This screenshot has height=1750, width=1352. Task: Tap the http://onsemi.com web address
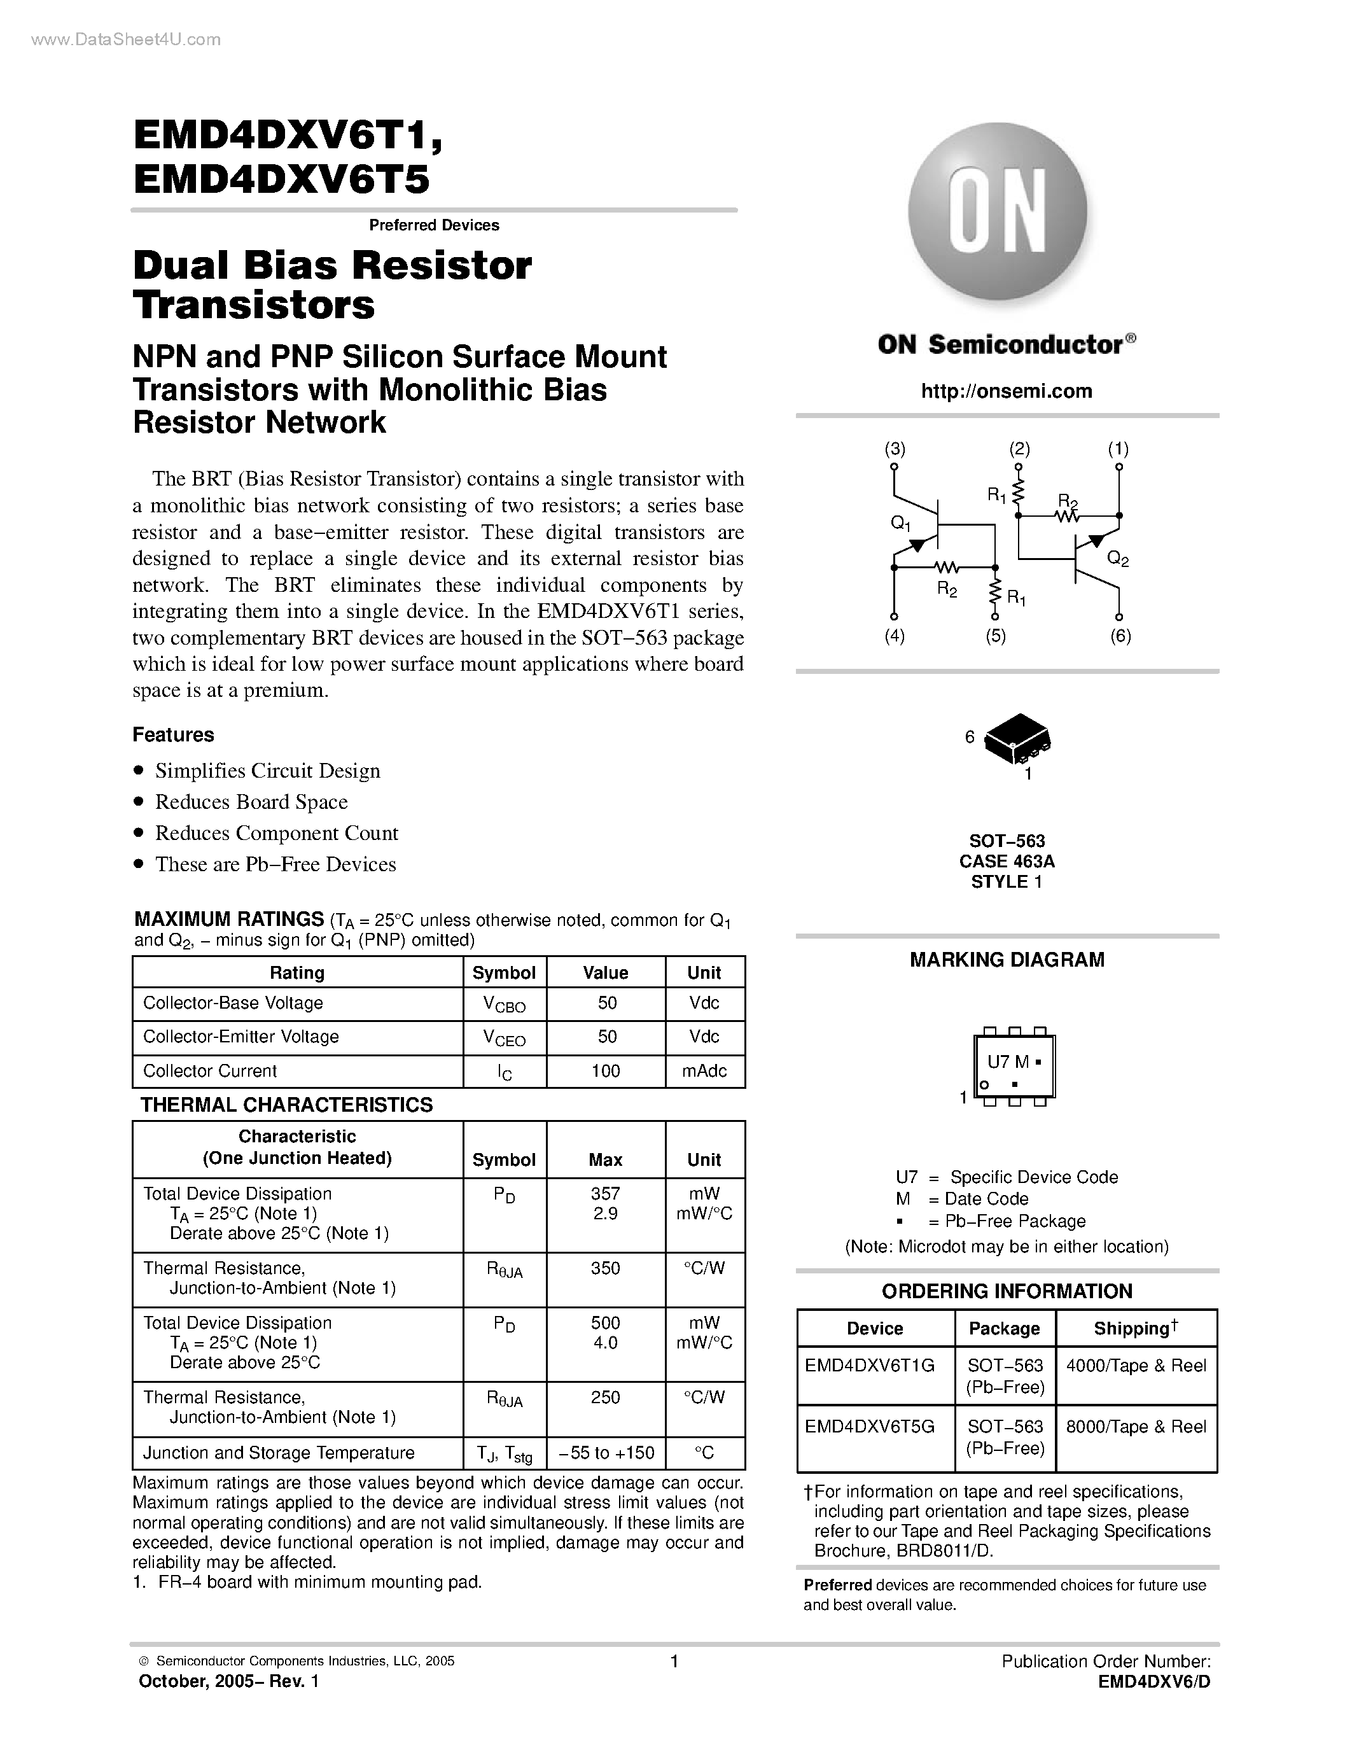pos(1006,391)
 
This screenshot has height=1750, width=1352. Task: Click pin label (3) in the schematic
pos(895,449)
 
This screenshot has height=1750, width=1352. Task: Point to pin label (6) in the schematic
pos(1120,636)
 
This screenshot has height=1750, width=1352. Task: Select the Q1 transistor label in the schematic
pos(900,523)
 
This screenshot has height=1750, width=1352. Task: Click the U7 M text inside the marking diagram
pos(1008,1061)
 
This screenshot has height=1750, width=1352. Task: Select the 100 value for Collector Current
pos(606,1071)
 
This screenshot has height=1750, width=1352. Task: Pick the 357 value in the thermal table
pos(606,1193)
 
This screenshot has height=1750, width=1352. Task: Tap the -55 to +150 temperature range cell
pos(606,1453)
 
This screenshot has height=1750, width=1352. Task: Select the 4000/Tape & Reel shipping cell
pos(1136,1366)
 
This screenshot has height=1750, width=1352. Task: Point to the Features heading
pos(173,735)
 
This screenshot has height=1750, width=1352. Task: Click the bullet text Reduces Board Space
pos(251,802)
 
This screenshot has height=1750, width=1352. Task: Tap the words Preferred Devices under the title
pos(434,225)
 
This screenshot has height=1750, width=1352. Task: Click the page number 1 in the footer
pos(674,1661)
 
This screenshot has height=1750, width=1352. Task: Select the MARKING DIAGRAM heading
pos(1007,960)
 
